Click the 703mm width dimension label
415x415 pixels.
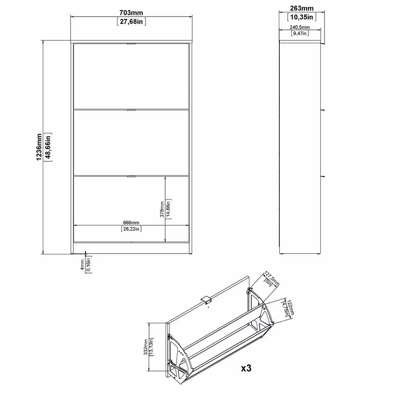coord(131,13)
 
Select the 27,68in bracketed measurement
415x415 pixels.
coord(131,22)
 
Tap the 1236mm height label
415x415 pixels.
coord(39,147)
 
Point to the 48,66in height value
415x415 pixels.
coord(48,147)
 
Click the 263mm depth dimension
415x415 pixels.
coord(302,8)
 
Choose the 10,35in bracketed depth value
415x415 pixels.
coord(302,17)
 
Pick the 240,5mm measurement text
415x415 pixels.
coord(300,27)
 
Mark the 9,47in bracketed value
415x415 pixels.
coord(300,33)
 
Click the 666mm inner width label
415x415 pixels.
coord(131,222)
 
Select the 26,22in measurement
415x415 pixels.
coord(131,229)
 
